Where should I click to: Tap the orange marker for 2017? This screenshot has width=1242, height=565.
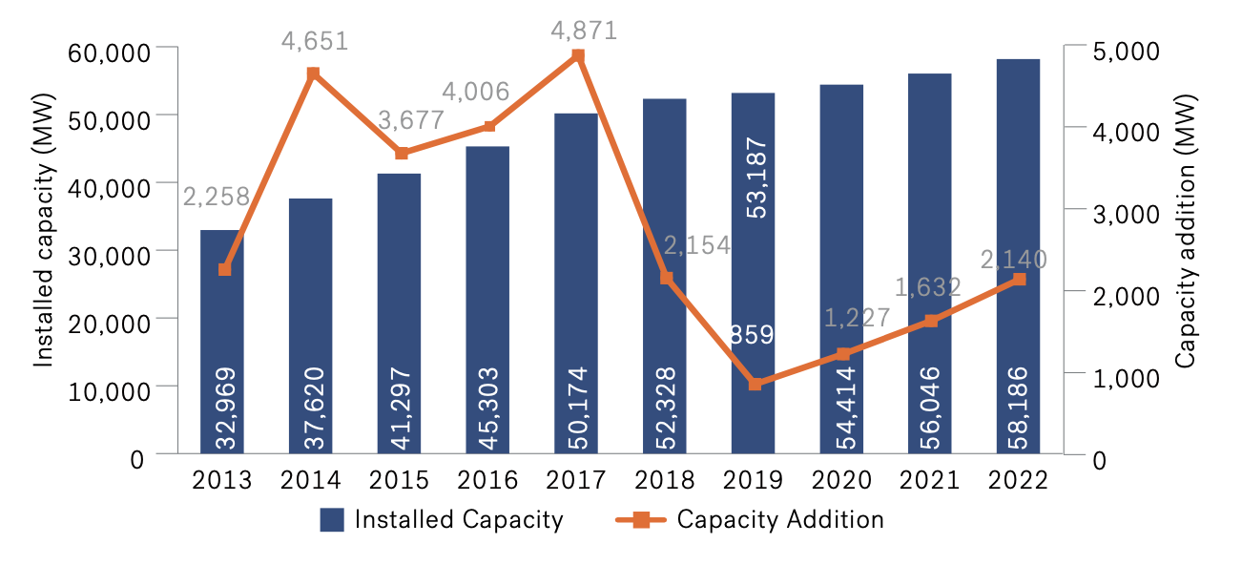[x=577, y=56]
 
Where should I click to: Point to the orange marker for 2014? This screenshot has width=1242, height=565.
[x=312, y=73]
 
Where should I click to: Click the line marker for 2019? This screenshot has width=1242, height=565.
[x=755, y=384]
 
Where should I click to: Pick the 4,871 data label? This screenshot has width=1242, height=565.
[x=584, y=31]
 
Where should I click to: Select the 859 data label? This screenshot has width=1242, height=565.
[x=752, y=334]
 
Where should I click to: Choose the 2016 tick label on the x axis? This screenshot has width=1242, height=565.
[x=487, y=480]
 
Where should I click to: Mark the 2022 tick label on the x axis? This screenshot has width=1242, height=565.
[x=1018, y=480]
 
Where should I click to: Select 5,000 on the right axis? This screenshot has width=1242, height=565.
[x=1106, y=52]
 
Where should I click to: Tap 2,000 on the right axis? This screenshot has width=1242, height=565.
[x=1106, y=295]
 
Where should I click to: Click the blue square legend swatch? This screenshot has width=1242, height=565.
[x=331, y=520]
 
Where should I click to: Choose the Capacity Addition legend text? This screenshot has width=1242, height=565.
[x=780, y=520]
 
